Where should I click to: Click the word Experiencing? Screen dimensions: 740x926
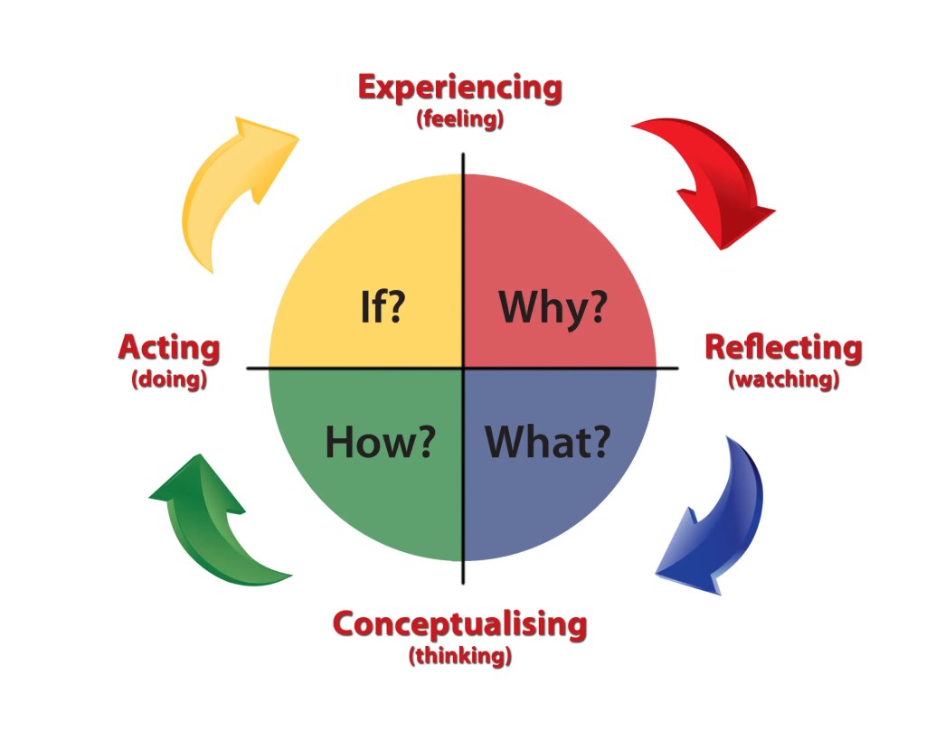click(x=459, y=89)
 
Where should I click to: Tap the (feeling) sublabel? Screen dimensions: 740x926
click(x=459, y=119)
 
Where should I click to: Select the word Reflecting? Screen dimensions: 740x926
click(x=783, y=347)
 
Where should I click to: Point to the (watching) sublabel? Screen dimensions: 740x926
click(x=783, y=379)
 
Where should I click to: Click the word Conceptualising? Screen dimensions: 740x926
click(x=459, y=624)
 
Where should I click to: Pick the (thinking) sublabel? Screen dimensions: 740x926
click(x=460, y=655)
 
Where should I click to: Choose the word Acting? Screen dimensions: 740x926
click(x=169, y=347)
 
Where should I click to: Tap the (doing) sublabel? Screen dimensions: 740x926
click(x=169, y=379)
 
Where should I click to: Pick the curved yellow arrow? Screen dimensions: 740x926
click(x=231, y=185)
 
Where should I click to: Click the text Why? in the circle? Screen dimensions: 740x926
click(x=553, y=308)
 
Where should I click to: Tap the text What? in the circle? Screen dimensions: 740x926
click(x=547, y=442)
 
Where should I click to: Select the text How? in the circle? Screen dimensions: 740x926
click(x=380, y=442)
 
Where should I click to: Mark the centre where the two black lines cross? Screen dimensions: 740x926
click(x=464, y=368)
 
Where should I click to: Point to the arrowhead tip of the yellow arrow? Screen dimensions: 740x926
click(x=298, y=137)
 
